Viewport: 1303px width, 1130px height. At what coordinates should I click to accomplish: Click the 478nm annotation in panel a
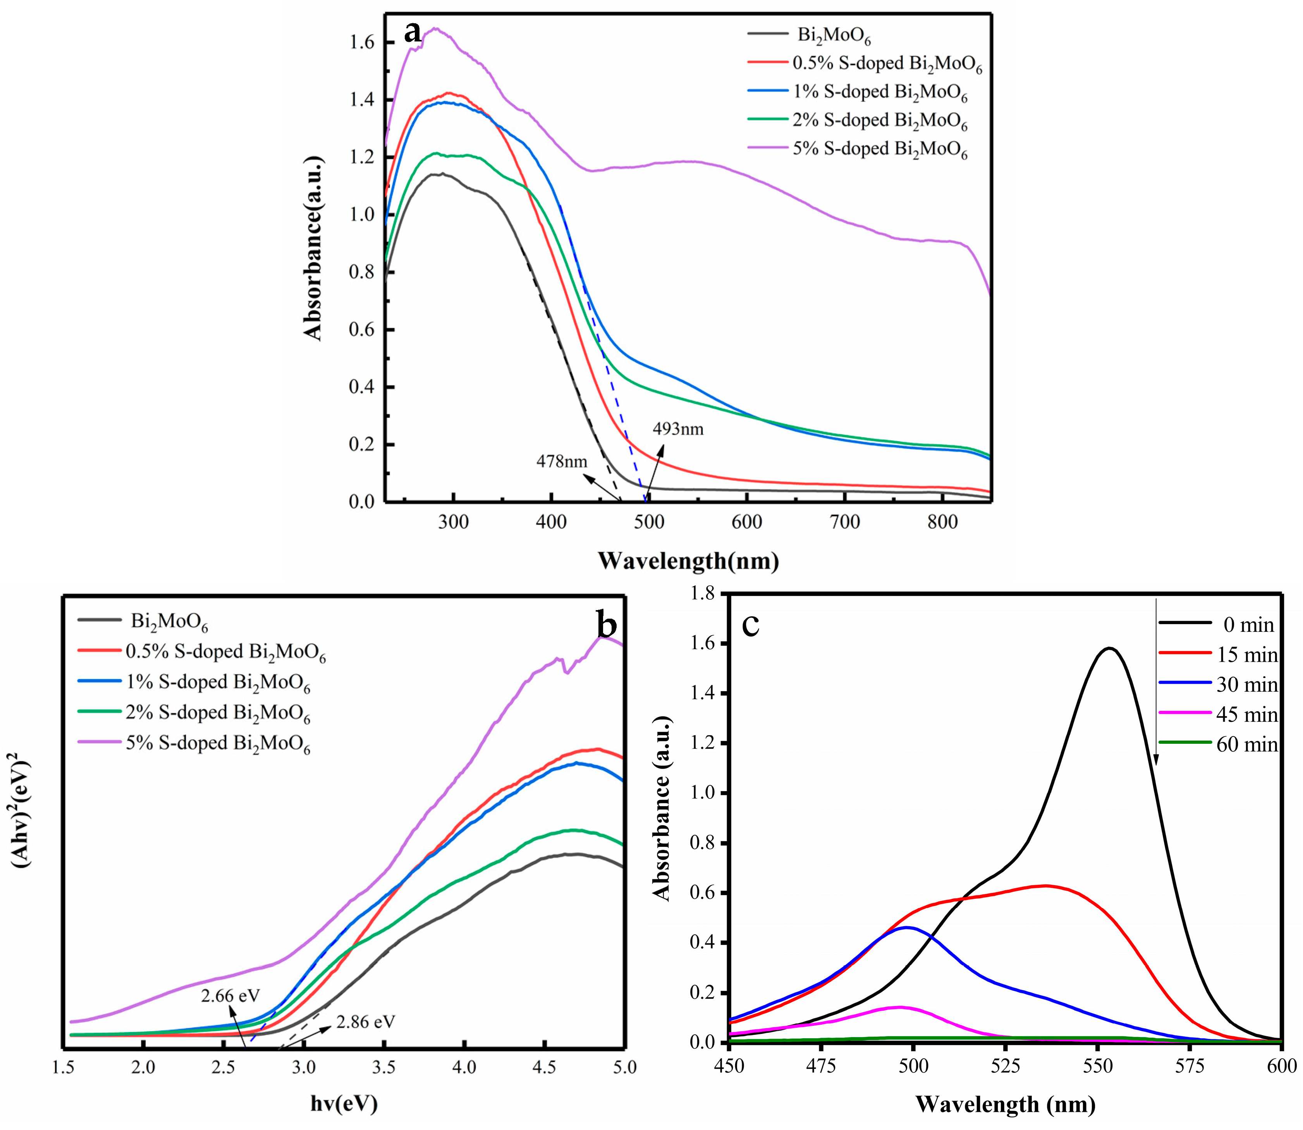click(562, 462)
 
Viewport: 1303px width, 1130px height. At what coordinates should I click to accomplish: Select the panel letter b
click(607, 626)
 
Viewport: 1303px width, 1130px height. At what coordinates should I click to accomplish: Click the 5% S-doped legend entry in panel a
click(879, 150)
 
